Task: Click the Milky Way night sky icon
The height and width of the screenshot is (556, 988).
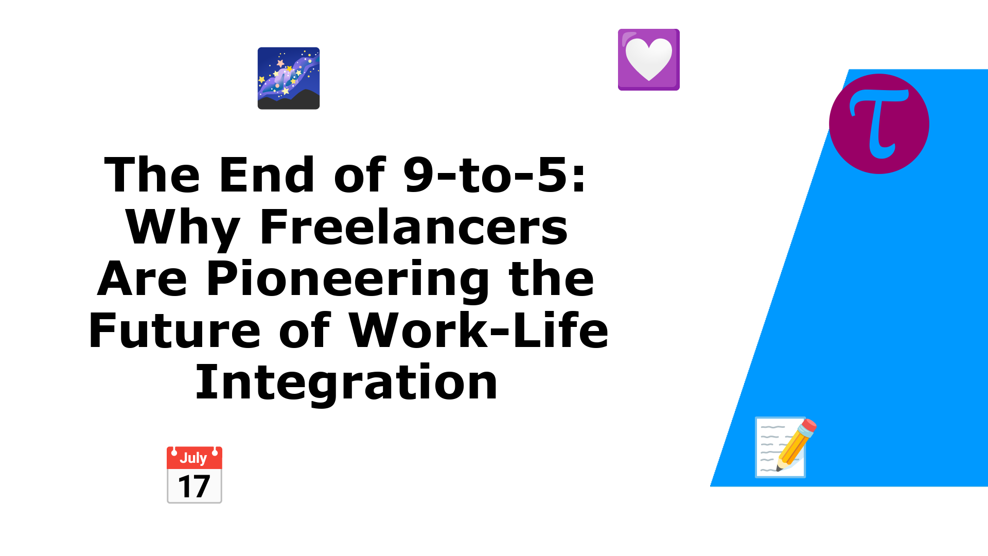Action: (x=289, y=78)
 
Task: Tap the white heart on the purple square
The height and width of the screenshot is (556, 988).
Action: (x=648, y=59)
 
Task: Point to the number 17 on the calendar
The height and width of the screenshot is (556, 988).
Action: (x=194, y=486)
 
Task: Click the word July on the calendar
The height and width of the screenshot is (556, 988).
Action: (x=193, y=458)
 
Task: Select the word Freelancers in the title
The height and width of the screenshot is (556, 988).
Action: (x=414, y=227)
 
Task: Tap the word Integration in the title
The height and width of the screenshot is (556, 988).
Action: (x=346, y=383)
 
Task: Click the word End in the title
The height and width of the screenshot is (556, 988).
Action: (x=267, y=175)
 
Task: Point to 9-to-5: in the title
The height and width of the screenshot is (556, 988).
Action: (x=495, y=175)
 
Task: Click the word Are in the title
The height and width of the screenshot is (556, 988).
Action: (x=142, y=279)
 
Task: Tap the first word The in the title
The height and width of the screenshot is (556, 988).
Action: (x=152, y=175)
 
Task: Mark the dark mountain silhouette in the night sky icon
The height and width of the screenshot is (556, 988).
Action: (x=289, y=100)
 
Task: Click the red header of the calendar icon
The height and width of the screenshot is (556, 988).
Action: (x=195, y=458)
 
